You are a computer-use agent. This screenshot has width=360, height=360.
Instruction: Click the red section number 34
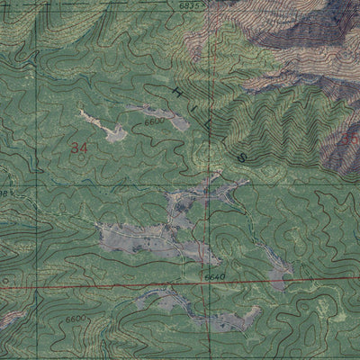pos(78,146)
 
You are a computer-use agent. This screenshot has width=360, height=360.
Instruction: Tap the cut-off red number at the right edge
pos(352,140)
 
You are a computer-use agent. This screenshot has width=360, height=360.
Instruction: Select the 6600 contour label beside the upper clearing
pos(155,119)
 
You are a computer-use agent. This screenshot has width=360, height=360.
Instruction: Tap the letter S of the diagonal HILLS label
pos(241,157)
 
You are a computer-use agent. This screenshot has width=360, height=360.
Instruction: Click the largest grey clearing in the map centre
pos(144,238)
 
